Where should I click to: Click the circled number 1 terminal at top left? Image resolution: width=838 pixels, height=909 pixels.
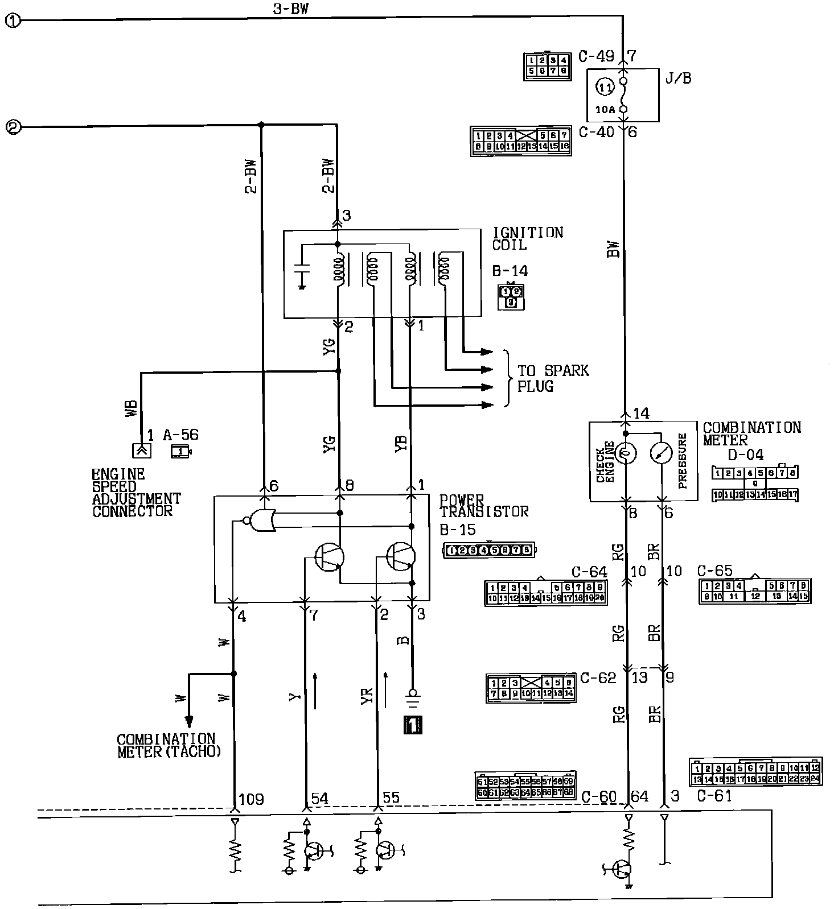[13, 20]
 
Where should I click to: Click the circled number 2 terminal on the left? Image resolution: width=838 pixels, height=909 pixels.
[13, 126]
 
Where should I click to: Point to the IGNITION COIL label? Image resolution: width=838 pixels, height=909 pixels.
[528, 239]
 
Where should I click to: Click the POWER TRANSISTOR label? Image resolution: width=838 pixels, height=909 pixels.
[484, 505]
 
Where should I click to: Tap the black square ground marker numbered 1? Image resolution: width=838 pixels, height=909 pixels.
[412, 725]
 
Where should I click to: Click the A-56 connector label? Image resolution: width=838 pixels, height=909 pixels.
[180, 435]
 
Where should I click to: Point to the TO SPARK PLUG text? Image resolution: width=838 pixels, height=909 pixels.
[553, 378]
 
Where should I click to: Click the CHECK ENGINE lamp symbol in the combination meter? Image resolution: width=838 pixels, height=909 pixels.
[625, 453]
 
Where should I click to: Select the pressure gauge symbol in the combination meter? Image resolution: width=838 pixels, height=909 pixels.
[662, 453]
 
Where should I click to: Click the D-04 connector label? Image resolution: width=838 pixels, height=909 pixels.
[746, 454]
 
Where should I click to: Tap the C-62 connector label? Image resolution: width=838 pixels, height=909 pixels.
[598, 678]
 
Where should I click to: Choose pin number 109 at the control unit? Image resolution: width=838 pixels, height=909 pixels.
[250, 799]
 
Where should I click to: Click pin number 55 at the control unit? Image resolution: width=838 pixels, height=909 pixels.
[391, 798]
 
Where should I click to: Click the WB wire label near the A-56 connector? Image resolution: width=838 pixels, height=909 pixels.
[130, 409]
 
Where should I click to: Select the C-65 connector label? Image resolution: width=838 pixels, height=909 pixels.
[715, 571]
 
